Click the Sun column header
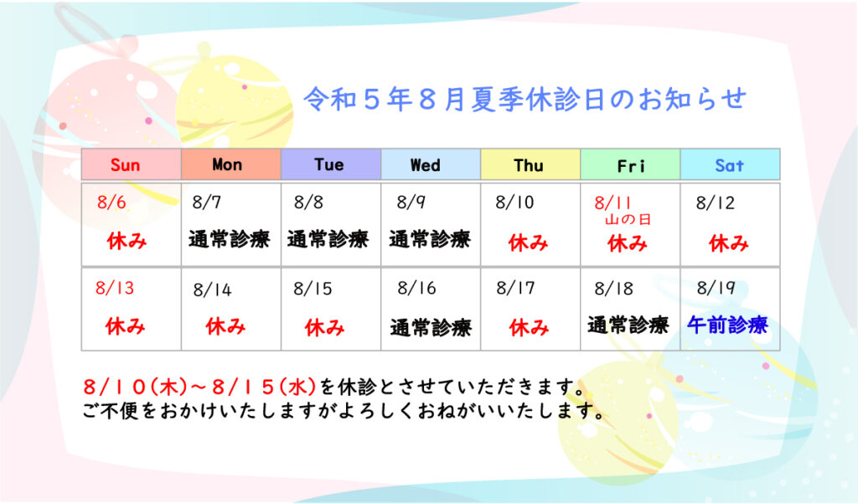tap(126, 165)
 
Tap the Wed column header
tap(425, 165)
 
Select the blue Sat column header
tap(730, 165)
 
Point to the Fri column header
tap(630, 165)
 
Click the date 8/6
tap(111, 202)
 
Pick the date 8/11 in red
tap(612, 203)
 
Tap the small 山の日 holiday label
tap(628, 220)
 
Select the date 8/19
tap(716, 288)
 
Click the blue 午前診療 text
tap(728, 325)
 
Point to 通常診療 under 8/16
tap(431, 328)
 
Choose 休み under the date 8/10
tap(528, 242)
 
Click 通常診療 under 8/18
tap(628, 325)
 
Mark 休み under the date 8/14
tap(225, 326)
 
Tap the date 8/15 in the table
tap(313, 288)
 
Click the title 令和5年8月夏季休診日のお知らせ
tap(525, 99)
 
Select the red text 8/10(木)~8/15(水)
tap(199, 387)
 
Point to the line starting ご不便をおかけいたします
tap(344, 411)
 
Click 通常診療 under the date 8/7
tap(230, 239)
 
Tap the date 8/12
tap(716, 203)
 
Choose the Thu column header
tap(529, 165)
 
